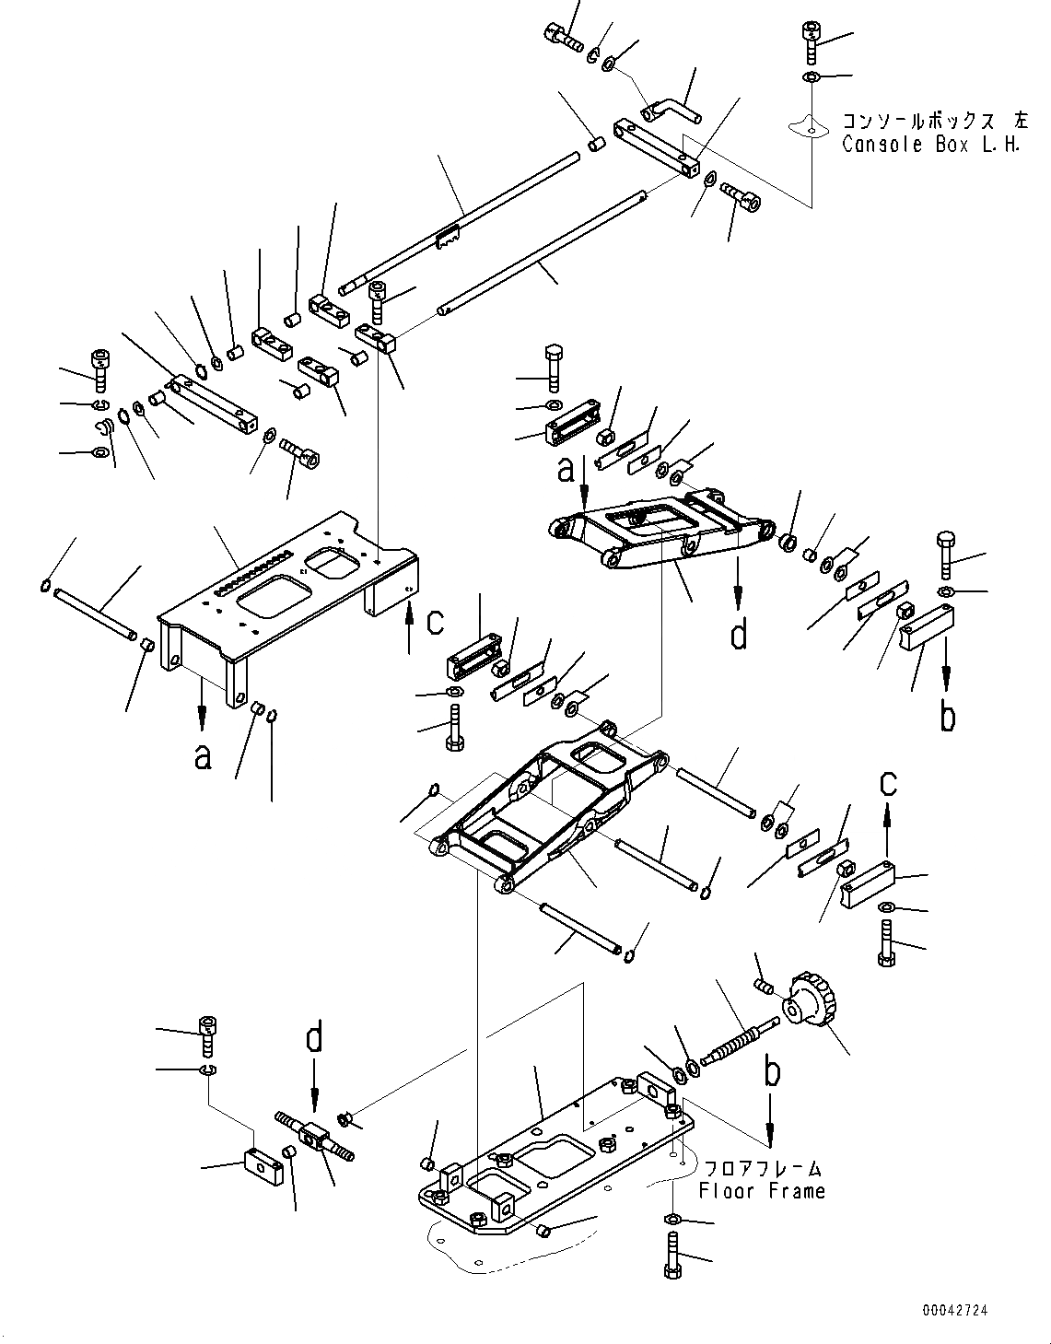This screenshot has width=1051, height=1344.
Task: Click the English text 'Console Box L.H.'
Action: [931, 146]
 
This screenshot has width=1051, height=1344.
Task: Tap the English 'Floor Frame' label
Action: [761, 1191]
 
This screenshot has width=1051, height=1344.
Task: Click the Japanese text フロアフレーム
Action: [761, 1169]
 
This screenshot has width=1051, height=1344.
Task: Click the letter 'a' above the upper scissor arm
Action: [566, 470]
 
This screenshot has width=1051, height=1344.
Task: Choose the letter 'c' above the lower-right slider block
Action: [887, 783]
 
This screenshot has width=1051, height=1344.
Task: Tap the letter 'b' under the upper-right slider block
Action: [947, 716]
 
